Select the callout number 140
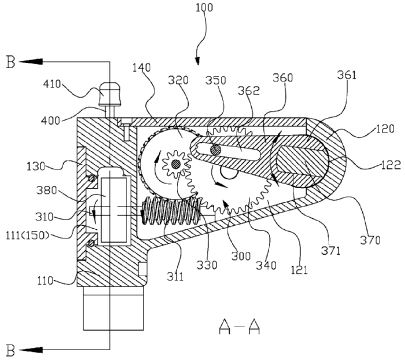click(141, 67)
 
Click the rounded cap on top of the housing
click(109, 91)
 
